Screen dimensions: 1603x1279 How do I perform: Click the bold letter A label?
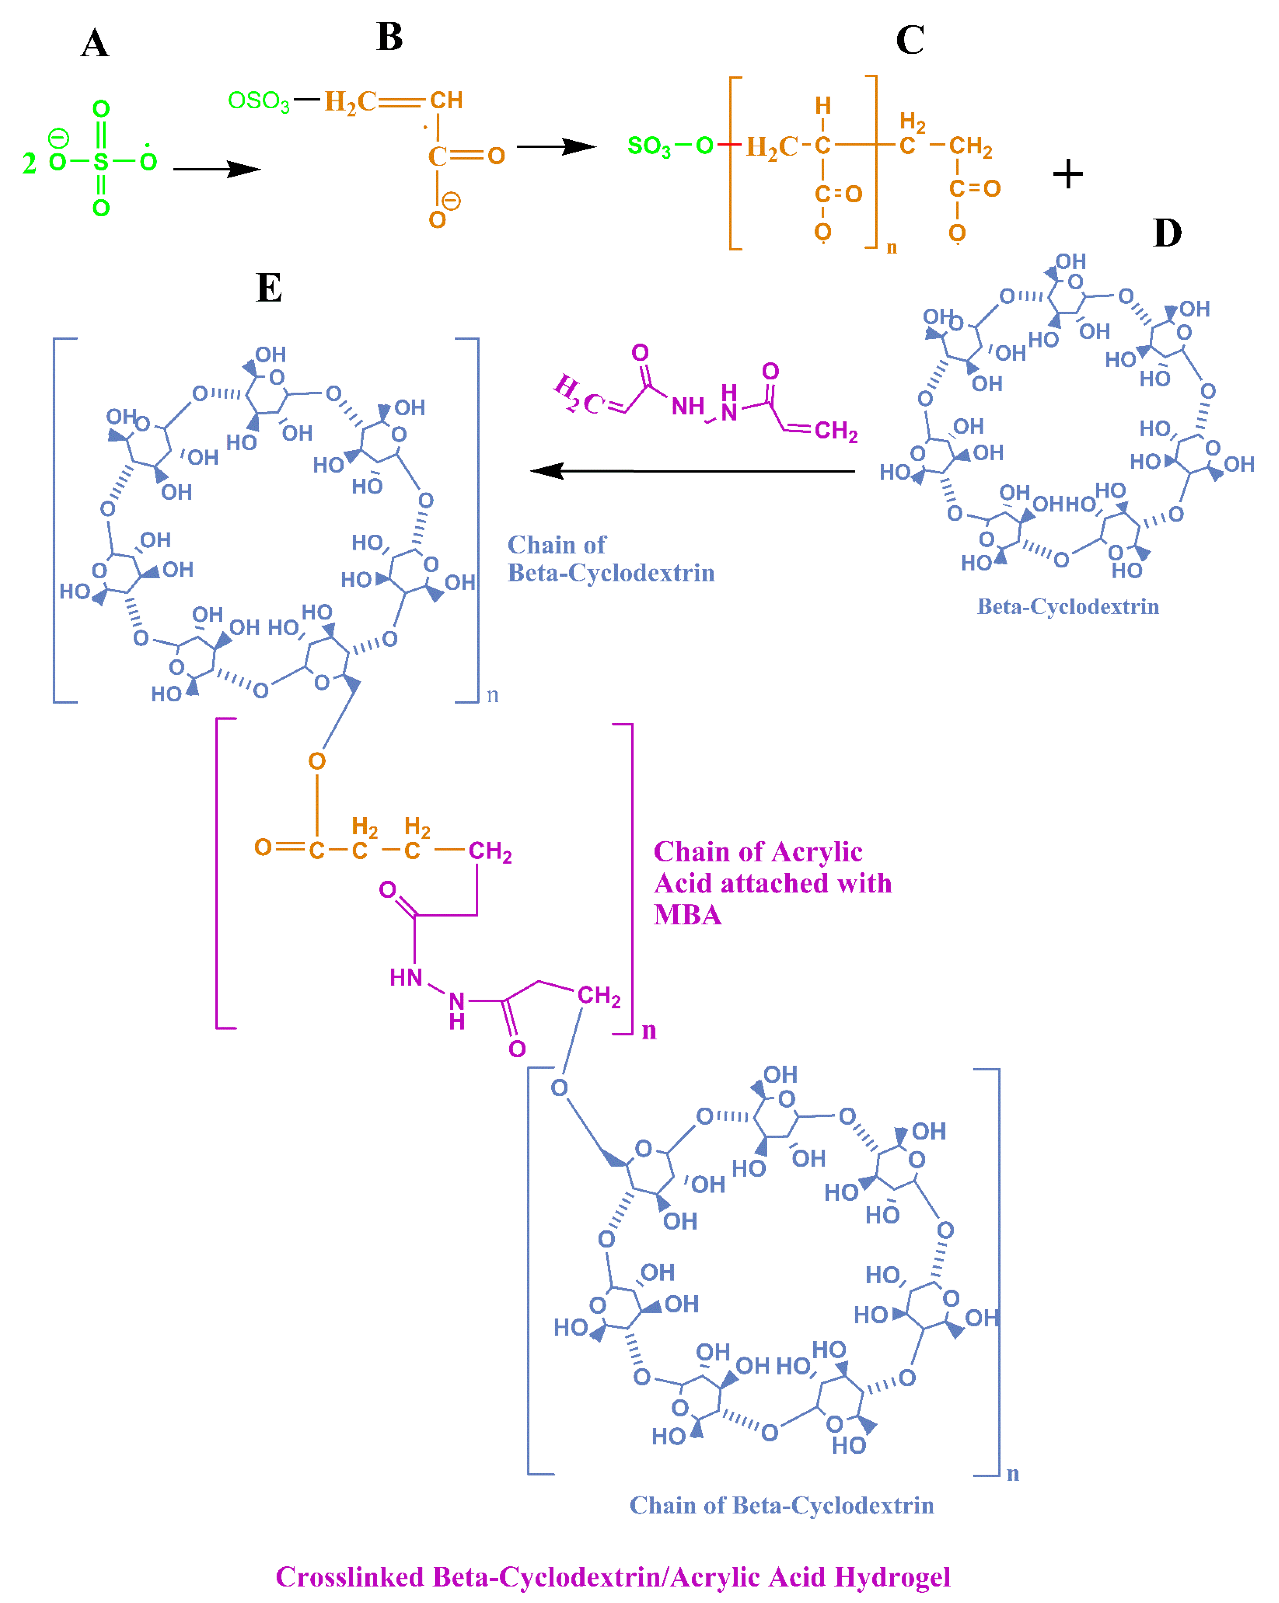click(x=95, y=44)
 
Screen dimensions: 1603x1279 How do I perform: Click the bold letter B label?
click(x=390, y=37)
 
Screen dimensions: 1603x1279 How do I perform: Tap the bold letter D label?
click(x=1167, y=234)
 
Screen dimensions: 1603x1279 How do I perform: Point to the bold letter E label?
click(x=268, y=288)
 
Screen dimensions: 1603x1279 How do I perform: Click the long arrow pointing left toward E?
click(x=691, y=471)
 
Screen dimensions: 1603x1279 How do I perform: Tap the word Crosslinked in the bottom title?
click(x=350, y=1577)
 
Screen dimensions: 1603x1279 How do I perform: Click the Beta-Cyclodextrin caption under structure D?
click(x=1067, y=607)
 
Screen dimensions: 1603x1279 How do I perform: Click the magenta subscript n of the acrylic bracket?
click(x=649, y=1030)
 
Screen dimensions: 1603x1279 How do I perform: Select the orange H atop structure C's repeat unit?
click(x=822, y=106)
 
